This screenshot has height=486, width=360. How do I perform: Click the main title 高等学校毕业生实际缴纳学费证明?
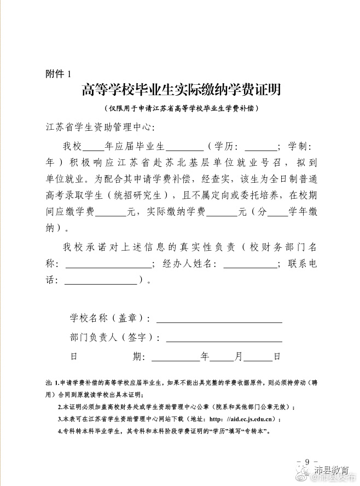pyautogui.click(x=181, y=90)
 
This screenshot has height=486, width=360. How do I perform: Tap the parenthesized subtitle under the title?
pyautogui.click(x=181, y=108)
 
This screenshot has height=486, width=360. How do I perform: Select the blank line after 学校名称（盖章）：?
pyautogui.click(x=219, y=319)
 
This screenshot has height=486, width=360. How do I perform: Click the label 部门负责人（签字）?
pyautogui.click(x=113, y=338)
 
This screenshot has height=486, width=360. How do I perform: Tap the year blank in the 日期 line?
pyautogui.click(x=175, y=356)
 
